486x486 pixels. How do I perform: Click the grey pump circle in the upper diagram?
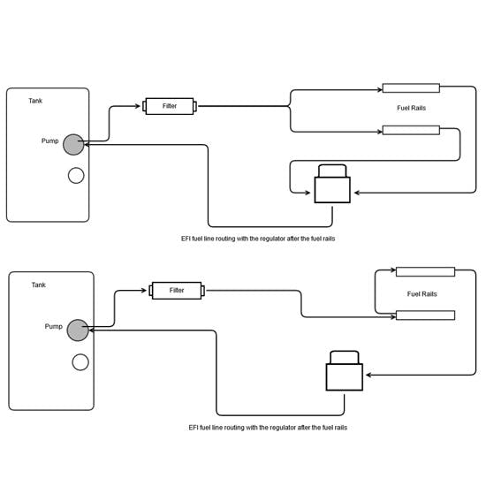(x=73, y=144)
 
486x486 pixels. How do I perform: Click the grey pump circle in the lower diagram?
(x=78, y=330)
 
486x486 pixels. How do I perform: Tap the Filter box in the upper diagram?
(x=170, y=106)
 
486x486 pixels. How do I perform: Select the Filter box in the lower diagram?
(x=177, y=291)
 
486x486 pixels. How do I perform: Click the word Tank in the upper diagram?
(x=35, y=101)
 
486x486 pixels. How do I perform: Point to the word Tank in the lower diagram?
(x=38, y=285)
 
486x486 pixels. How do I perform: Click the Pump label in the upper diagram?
(x=49, y=141)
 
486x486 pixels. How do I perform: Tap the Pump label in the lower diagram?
(x=54, y=326)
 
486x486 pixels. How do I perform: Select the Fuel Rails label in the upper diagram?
(x=411, y=108)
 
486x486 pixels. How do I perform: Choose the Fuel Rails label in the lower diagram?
(x=421, y=294)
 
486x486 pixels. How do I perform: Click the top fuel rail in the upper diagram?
(x=411, y=88)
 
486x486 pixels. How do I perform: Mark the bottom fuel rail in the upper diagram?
(x=411, y=130)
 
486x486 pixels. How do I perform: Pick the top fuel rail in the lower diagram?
(x=425, y=272)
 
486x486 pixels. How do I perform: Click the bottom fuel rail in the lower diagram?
(x=425, y=315)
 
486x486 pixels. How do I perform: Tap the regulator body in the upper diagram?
(x=332, y=190)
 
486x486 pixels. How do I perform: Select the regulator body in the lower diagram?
(x=345, y=377)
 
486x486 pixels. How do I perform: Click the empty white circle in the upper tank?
(x=76, y=176)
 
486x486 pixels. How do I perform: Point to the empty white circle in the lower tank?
(x=80, y=362)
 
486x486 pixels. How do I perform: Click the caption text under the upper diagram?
(x=258, y=239)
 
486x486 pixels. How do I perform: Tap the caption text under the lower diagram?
(x=268, y=428)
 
